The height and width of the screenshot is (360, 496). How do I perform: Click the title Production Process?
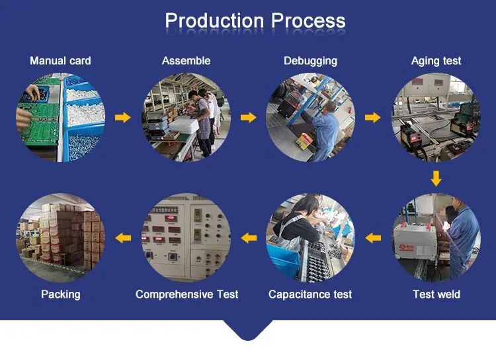coord(255,21)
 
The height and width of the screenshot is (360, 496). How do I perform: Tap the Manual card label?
coord(60,61)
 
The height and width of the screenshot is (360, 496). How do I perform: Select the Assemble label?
coord(186,61)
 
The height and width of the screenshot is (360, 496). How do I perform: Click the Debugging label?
coord(310,61)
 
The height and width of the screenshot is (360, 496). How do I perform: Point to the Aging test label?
coord(436,61)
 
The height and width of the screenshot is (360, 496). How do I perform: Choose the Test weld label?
coord(436,294)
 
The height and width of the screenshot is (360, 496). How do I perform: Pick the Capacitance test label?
coord(310,294)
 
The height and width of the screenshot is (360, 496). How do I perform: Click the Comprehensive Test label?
coord(186,294)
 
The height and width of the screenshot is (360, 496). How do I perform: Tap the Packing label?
coord(60,294)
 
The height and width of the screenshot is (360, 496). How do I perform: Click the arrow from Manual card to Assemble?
coord(123,118)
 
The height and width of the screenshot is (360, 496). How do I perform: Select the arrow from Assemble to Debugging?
coord(248,118)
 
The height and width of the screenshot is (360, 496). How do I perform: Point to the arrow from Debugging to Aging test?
coord(373,118)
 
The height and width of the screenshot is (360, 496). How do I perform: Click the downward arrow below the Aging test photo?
coord(436,178)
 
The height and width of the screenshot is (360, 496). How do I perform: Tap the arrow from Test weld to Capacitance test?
coord(373,237)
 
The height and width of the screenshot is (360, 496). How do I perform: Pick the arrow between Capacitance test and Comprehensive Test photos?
coord(248,237)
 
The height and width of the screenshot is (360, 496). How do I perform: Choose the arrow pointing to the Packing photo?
coord(123,237)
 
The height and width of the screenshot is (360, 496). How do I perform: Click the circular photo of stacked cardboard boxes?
coord(60,237)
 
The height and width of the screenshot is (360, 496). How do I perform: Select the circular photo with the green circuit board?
coord(60,118)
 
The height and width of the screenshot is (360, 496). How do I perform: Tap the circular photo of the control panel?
coord(186,237)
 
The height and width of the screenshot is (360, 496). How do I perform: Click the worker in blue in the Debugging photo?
coord(325,129)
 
